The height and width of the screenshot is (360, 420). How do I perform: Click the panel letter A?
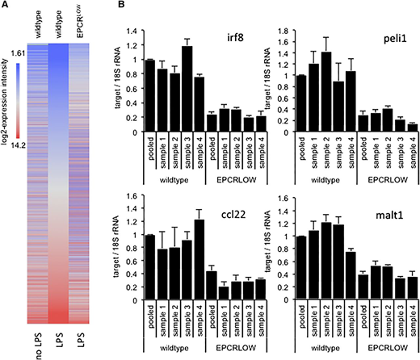[6, 6]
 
